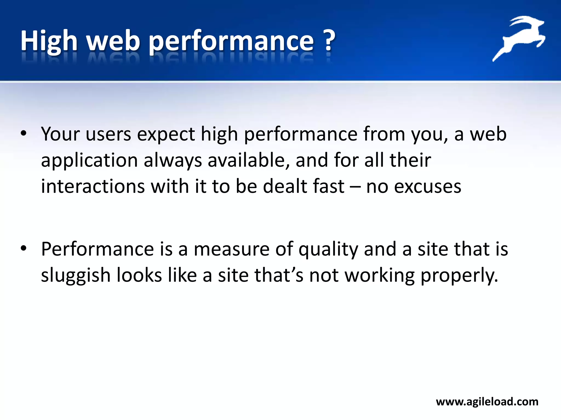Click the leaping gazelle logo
(519, 38)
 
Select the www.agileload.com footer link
(487, 402)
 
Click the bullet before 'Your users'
(24, 134)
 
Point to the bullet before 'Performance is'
(24, 249)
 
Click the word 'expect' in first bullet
(166, 134)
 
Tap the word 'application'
(89, 161)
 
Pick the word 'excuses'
(428, 187)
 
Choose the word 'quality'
(328, 250)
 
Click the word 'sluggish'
(76, 275)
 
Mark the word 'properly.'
(459, 275)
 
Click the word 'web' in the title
(113, 41)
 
